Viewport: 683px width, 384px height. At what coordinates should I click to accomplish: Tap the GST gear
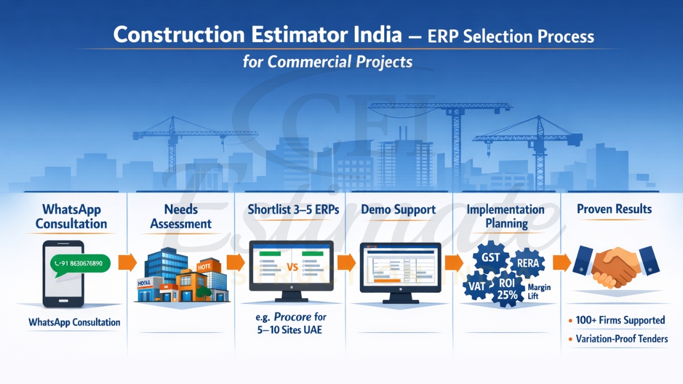point(490,258)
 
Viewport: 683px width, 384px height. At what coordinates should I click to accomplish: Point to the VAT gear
point(477,286)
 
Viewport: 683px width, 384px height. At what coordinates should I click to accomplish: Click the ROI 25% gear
point(506,289)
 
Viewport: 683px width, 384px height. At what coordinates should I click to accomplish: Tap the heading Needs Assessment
point(181,217)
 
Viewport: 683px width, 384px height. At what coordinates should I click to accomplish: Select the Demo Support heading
point(398,210)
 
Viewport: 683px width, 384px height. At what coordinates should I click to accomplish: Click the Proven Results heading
point(614,209)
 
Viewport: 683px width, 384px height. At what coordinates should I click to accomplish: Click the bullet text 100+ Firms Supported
point(620,321)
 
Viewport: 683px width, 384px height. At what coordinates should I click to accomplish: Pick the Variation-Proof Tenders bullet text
point(622,339)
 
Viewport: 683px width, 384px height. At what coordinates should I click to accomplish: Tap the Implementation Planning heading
point(506,216)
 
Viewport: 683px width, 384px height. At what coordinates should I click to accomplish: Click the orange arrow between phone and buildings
point(127,262)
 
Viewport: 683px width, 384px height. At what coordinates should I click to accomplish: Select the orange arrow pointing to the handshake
point(562,262)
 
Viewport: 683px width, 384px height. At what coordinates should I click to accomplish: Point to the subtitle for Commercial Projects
point(328,61)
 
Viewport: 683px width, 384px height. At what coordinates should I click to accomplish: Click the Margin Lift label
point(539,292)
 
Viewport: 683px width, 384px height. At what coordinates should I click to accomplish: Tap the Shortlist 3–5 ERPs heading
point(293,210)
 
